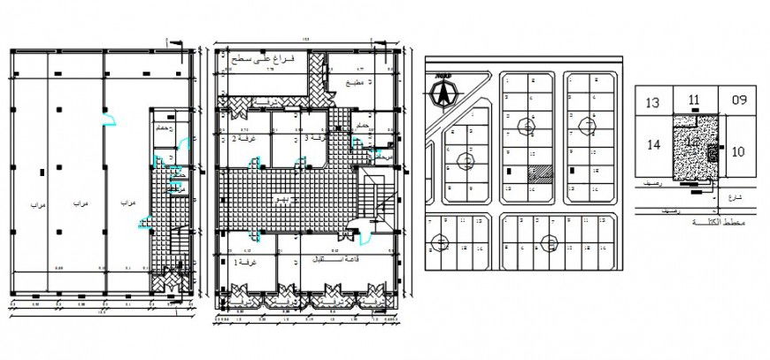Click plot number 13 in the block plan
pyautogui.click(x=652, y=103)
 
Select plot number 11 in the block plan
pyautogui.click(x=694, y=100)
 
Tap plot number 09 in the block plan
pyautogui.click(x=738, y=100)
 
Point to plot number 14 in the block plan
pyautogui.click(x=654, y=145)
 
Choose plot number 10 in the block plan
pyautogui.click(x=738, y=151)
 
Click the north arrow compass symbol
pyautogui.click(x=443, y=91)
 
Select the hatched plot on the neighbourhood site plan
pyautogui.click(x=539, y=174)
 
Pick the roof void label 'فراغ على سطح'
pyautogui.click(x=268, y=57)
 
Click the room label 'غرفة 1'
pyautogui.click(x=242, y=263)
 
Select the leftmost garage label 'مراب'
pyautogui.click(x=36, y=204)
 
